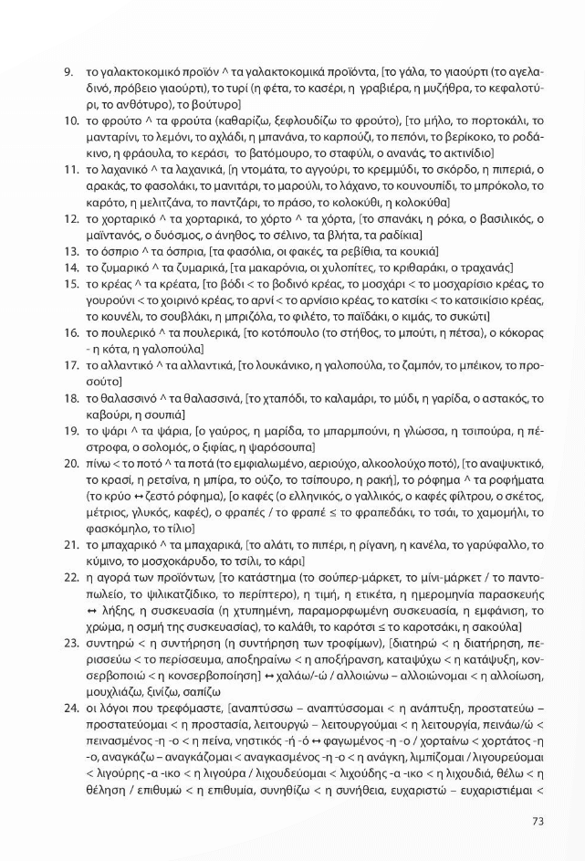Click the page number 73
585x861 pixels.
coord(537,820)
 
